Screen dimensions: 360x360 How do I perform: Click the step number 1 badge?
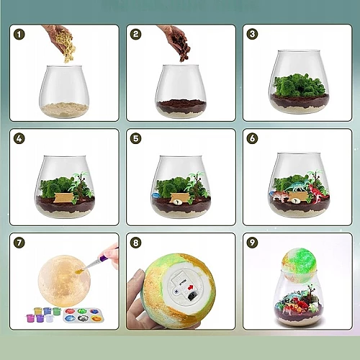coord(19,35)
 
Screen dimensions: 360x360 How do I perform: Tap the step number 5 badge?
coord(135,138)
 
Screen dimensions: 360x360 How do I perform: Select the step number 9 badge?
coord(252,243)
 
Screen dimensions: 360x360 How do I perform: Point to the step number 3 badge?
coord(252,34)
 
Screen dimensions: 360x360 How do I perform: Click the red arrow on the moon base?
coord(191,287)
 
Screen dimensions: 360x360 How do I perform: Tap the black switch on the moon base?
coord(192,297)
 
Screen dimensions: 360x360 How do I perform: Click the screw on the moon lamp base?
coord(175,291)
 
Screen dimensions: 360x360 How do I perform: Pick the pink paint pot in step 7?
coord(29,318)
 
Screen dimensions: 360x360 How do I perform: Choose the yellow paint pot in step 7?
coord(37,311)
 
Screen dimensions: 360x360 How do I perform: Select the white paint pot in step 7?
coord(50,318)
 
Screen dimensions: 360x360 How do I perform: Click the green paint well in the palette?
coord(82,311)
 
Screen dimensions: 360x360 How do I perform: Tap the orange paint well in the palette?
coord(94,319)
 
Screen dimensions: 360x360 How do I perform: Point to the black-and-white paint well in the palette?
coord(82,318)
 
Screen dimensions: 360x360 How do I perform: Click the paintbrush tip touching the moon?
coord(79,271)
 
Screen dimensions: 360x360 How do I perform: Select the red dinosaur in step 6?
coord(317,194)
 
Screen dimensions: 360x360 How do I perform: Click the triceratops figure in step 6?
coord(279,196)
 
